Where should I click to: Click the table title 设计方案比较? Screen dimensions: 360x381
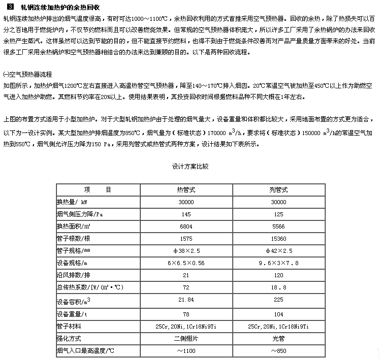point(190,166)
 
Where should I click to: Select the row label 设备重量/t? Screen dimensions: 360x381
point(73,313)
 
